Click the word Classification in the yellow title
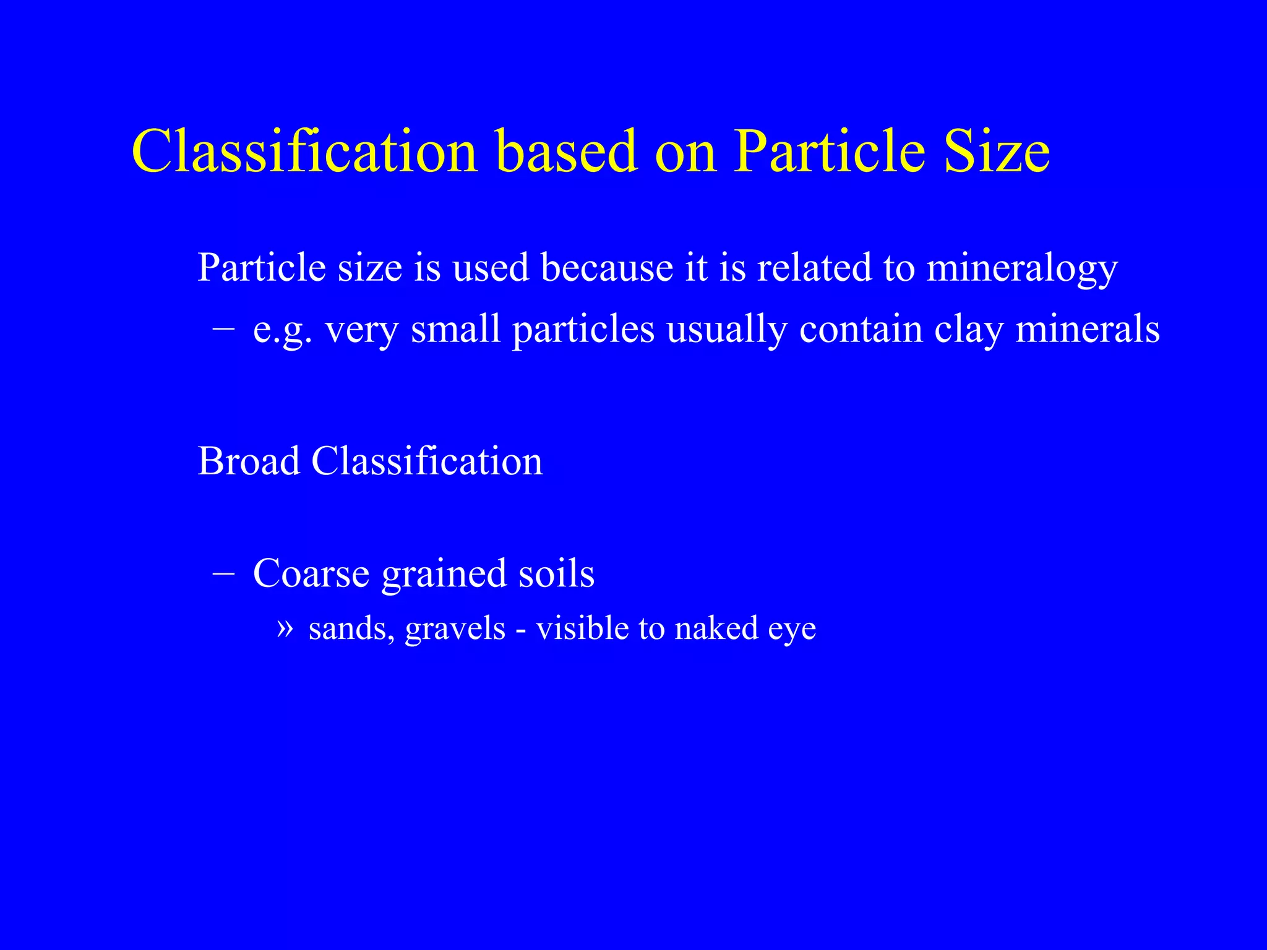(304, 152)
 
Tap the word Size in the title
(996, 152)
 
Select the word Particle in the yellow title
(830, 152)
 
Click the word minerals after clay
(1088, 329)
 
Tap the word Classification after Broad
(427, 461)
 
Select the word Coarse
(311, 573)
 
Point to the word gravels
(455, 630)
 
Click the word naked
(716, 628)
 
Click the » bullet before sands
(284, 628)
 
